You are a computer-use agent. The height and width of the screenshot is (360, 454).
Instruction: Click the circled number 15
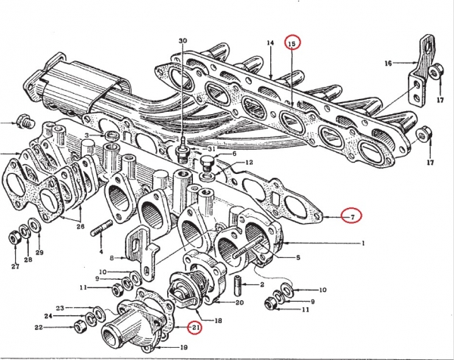click(293, 43)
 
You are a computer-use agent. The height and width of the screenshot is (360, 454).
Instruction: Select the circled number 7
click(352, 216)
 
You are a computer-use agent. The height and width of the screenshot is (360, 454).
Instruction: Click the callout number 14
click(269, 45)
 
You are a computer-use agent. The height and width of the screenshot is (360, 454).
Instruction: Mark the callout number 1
click(364, 243)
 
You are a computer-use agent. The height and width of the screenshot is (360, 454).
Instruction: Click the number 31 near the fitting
click(211, 148)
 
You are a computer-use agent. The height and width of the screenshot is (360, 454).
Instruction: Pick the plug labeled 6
click(209, 161)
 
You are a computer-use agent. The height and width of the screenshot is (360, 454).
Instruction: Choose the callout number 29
click(39, 252)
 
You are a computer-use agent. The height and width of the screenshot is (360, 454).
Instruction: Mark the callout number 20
click(238, 303)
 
